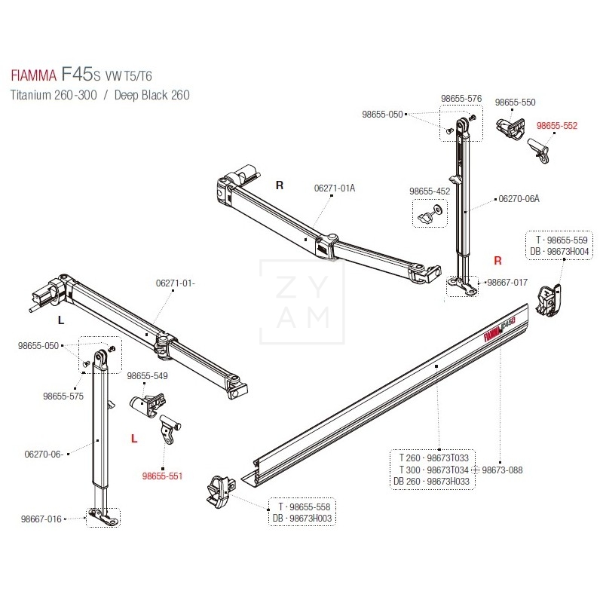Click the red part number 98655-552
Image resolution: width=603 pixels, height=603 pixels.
point(557,127)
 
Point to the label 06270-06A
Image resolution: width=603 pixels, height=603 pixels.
point(519,199)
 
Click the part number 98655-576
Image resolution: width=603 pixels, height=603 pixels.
point(461,99)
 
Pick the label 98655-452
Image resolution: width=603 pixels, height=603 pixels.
point(430,191)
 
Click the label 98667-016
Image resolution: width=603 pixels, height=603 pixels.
point(42,518)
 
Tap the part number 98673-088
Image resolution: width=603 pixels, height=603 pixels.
point(502,470)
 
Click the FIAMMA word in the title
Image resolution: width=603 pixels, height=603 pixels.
point(34,76)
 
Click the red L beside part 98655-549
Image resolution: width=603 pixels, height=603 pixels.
point(133,437)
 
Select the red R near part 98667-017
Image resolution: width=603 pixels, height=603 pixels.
point(497,261)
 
